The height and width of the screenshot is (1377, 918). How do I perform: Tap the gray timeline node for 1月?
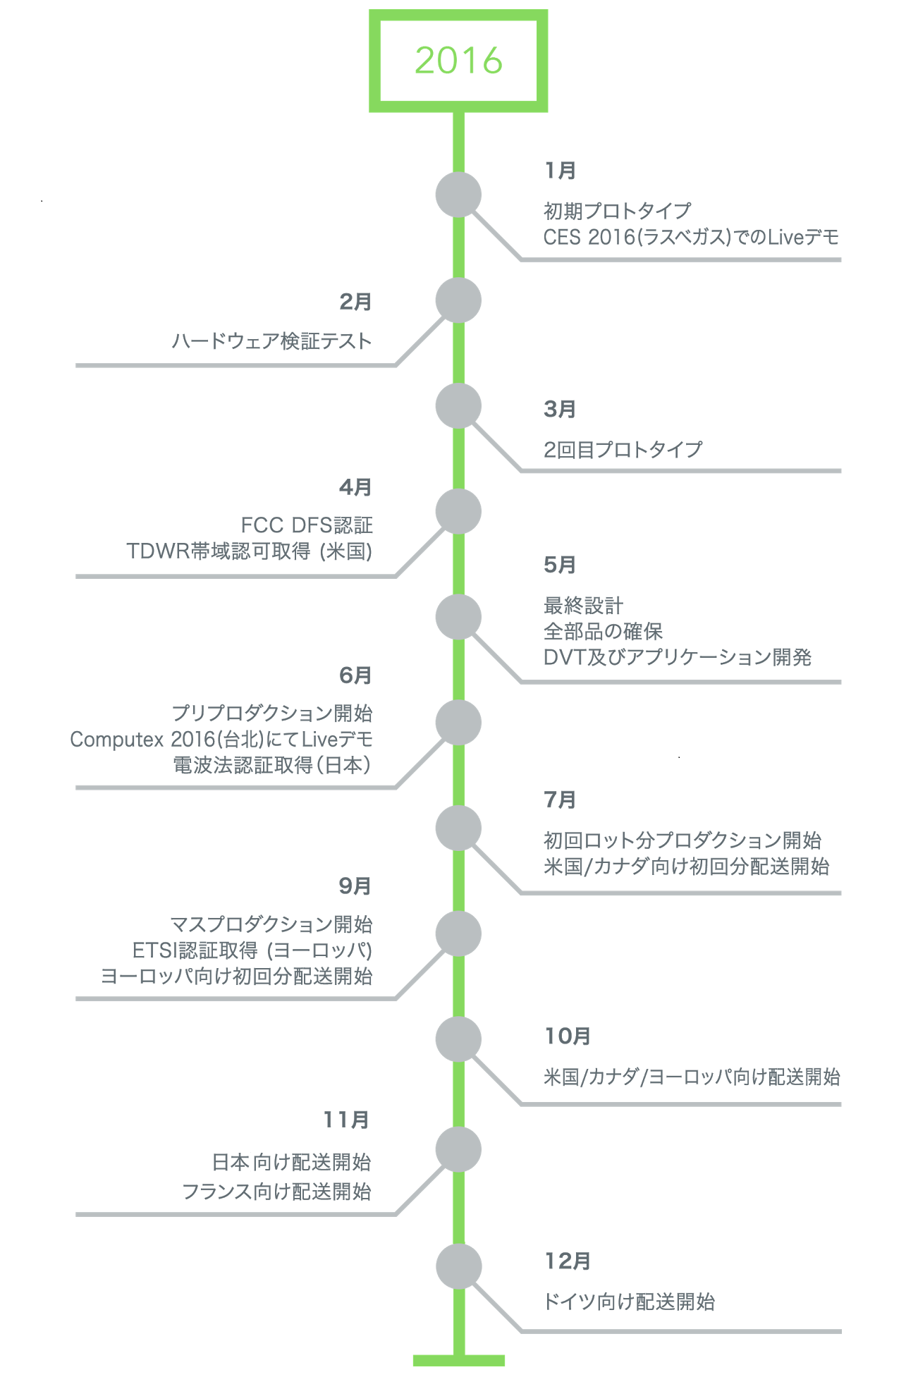pyautogui.click(x=458, y=195)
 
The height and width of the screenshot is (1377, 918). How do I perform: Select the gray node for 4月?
pyautogui.click(x=458, y=511)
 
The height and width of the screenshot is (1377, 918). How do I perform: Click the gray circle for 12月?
pyautogui.click(x=458, y=1266)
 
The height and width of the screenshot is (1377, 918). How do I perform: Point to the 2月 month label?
pyautogui.click(x=355, y=302)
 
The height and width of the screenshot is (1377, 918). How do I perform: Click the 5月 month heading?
pyautogui.click(x=560, y=565)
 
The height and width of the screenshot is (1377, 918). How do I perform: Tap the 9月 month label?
pyautogui.click(x=355, y=886)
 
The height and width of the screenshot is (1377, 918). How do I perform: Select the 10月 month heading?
pyautogui.click(x=568, y=1036)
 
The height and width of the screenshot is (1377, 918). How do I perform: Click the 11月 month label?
pyautogui.click(x=347, y=1120)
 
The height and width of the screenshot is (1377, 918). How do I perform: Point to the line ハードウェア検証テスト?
pyautogui.click(x=272, y=341)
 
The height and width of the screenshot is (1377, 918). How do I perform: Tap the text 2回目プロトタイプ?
pyautogui.click(x=623, y=449)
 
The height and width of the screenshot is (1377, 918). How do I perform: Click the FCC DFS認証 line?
pyautogui.click(x=307, y=525)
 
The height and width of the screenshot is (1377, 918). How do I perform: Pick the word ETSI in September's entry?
pyautogui.click(x=155, y=950)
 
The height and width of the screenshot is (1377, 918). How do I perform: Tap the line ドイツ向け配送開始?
pyautogui.click(x=630, y=1302)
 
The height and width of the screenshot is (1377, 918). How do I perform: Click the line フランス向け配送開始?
pyautogui.click(x=277, y=1192)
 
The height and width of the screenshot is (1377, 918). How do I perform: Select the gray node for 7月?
pyautogui.click(x=458, y=828)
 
